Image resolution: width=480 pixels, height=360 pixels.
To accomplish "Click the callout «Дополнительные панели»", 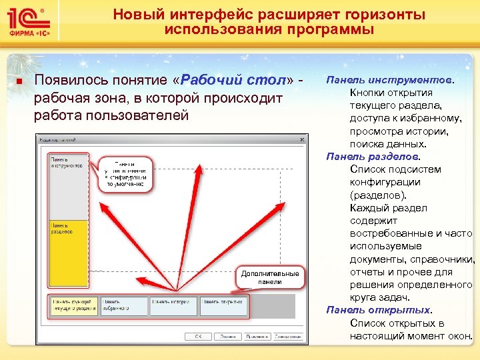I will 269,278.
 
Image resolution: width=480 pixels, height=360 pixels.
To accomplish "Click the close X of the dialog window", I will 303,139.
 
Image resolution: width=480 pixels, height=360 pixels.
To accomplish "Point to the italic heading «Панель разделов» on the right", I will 373,157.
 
